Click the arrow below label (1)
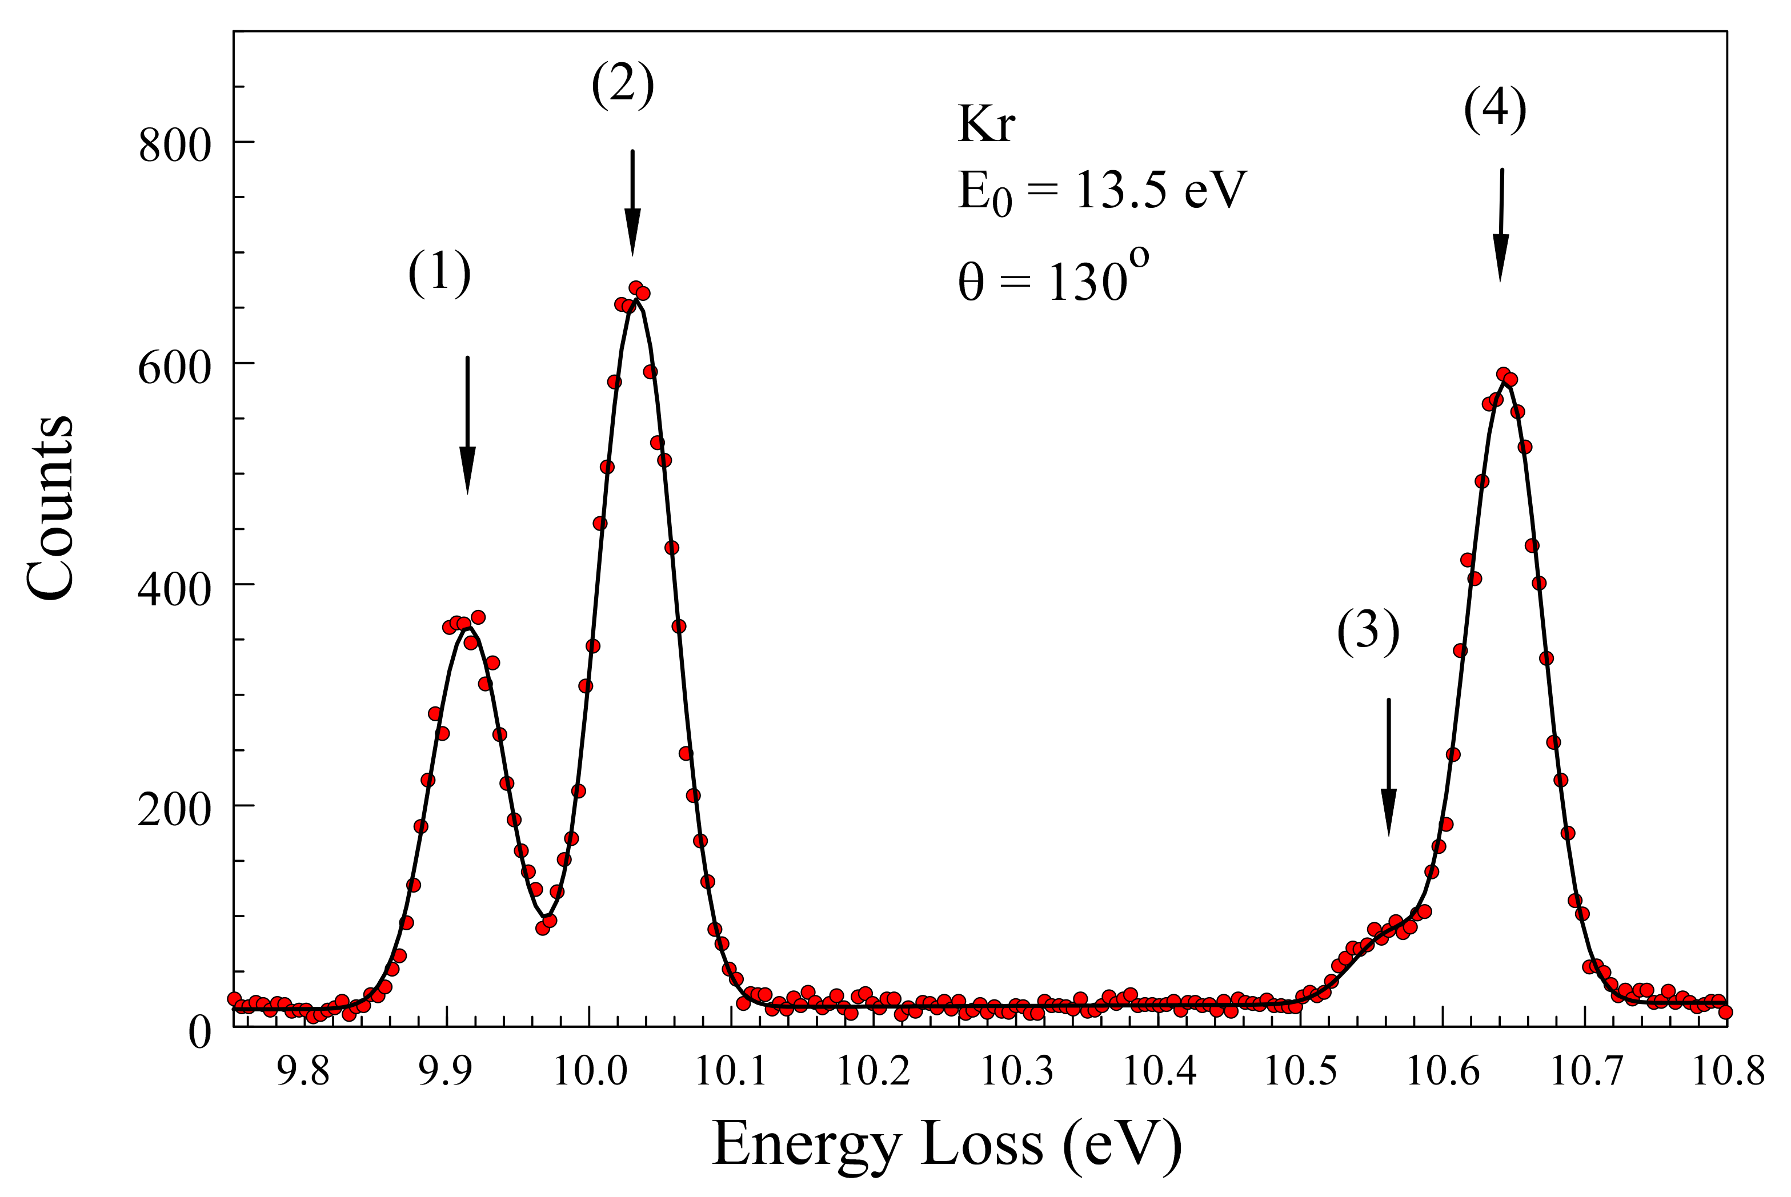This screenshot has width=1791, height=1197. [467, 424]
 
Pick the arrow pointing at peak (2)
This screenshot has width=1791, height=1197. [632, 202]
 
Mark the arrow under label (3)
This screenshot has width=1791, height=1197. [1389, 766]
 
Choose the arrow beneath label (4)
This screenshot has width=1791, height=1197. [1501, 224]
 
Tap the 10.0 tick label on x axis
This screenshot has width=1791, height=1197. [590, 1070]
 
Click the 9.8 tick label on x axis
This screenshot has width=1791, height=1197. [303, 1070]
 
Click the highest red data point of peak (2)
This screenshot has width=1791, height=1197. [635, 288]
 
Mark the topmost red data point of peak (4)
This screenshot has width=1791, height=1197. [1503, 374]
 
